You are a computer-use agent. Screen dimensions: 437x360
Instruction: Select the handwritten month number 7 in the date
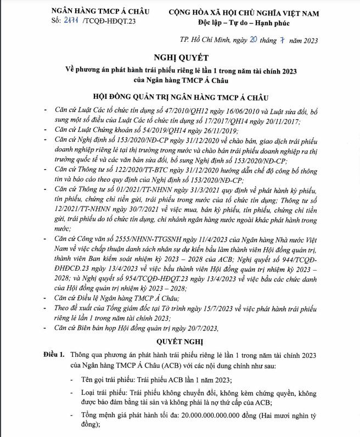[x=283, y=40]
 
